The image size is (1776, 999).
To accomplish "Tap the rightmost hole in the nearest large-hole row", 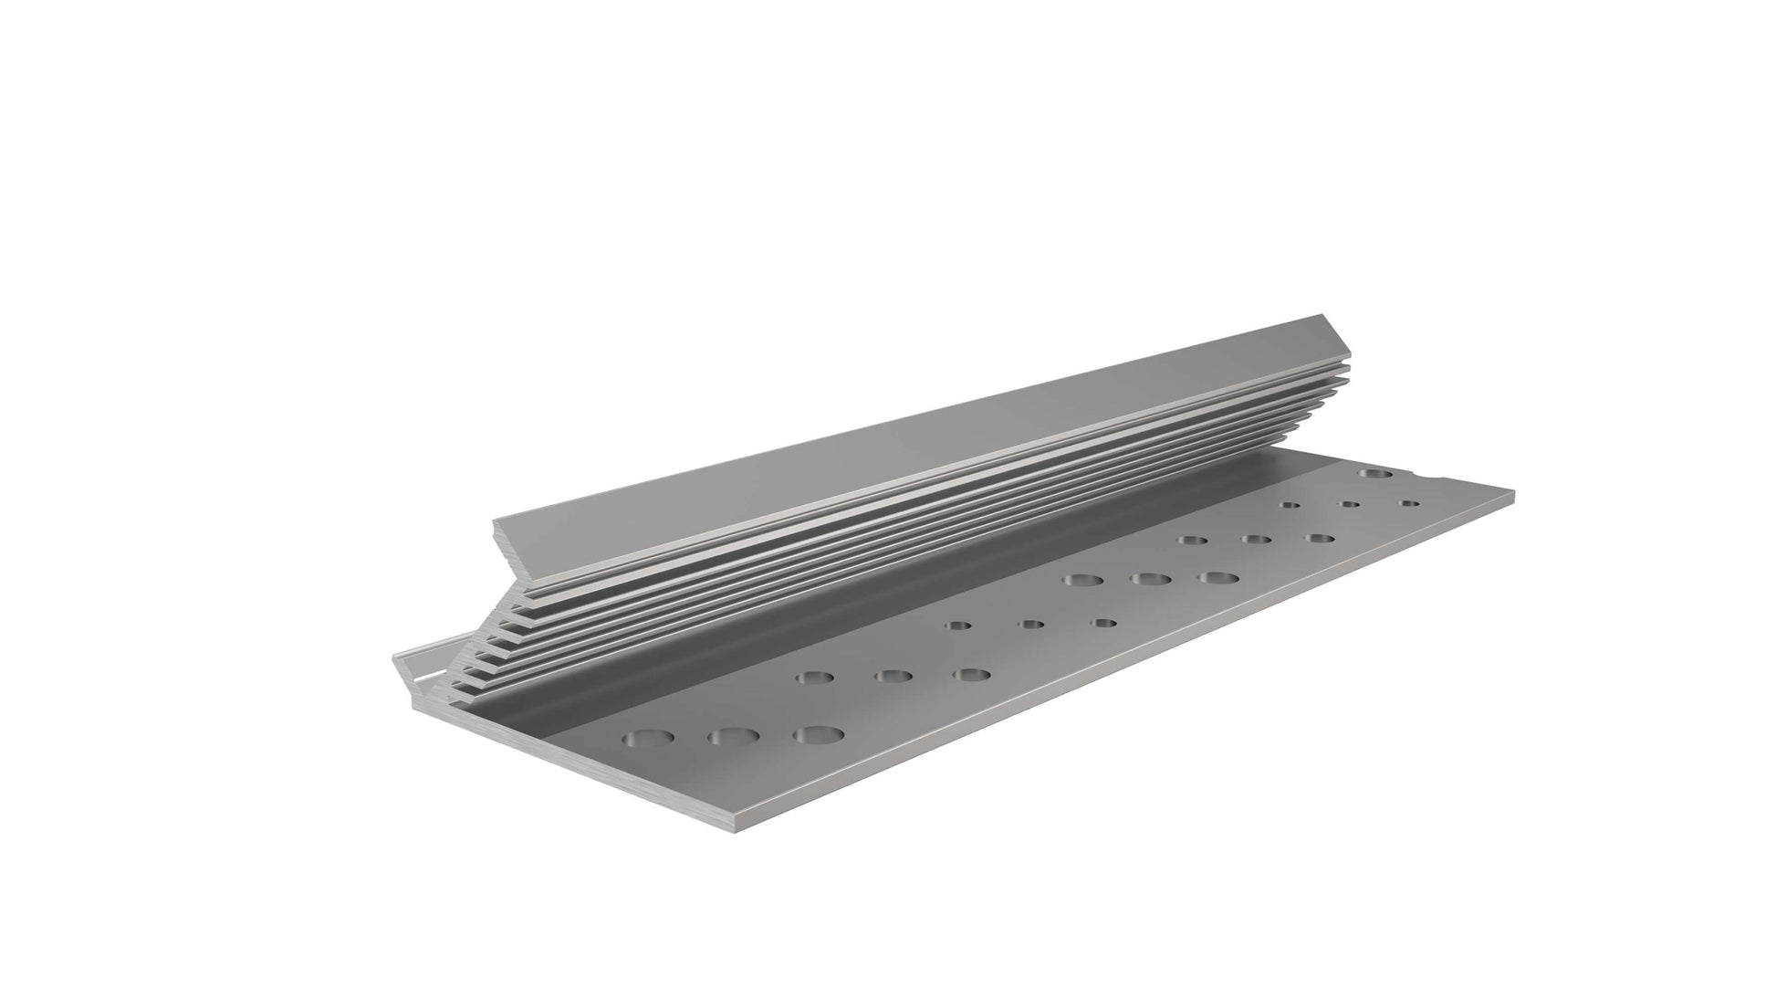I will point(817,734).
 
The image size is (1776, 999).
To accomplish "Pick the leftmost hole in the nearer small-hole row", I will point(957,626).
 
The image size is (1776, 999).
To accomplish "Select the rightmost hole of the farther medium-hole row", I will point(1318,538).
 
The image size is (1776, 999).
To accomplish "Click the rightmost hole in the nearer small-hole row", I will point(1105,623).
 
